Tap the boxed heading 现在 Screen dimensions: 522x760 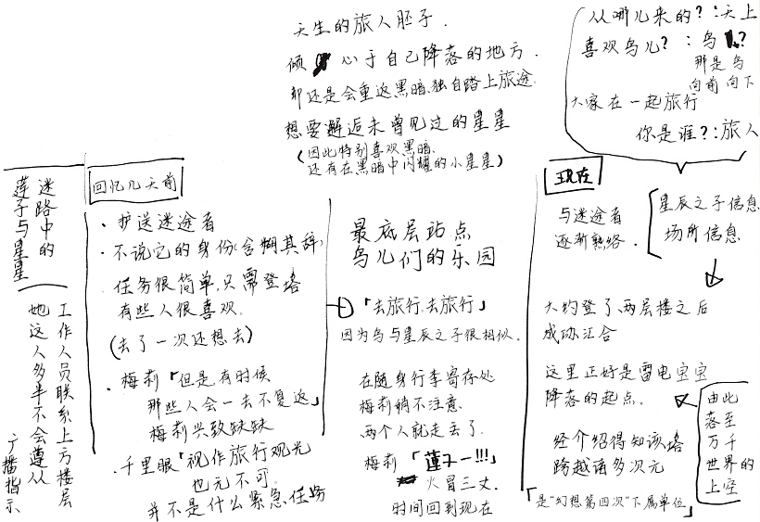click(568, 177)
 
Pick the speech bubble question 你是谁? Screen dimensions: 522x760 click(676, 132)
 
